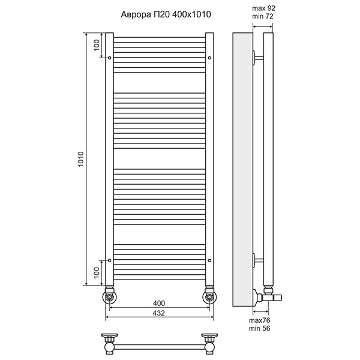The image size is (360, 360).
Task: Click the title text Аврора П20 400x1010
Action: click(166, 14)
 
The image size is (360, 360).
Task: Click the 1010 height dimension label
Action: click(81, 159)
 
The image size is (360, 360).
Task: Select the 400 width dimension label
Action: click(159, 303)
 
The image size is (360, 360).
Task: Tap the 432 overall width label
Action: click(159, 313)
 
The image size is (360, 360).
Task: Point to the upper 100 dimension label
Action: click(97, 45)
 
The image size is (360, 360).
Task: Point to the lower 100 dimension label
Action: click(97, 272)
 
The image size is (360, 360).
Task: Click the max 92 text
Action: click(263, 8)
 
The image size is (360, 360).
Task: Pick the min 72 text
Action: click(263, 16)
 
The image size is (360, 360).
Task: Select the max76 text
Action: click(260, 320)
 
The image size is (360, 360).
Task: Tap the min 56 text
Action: click(260, 328)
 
